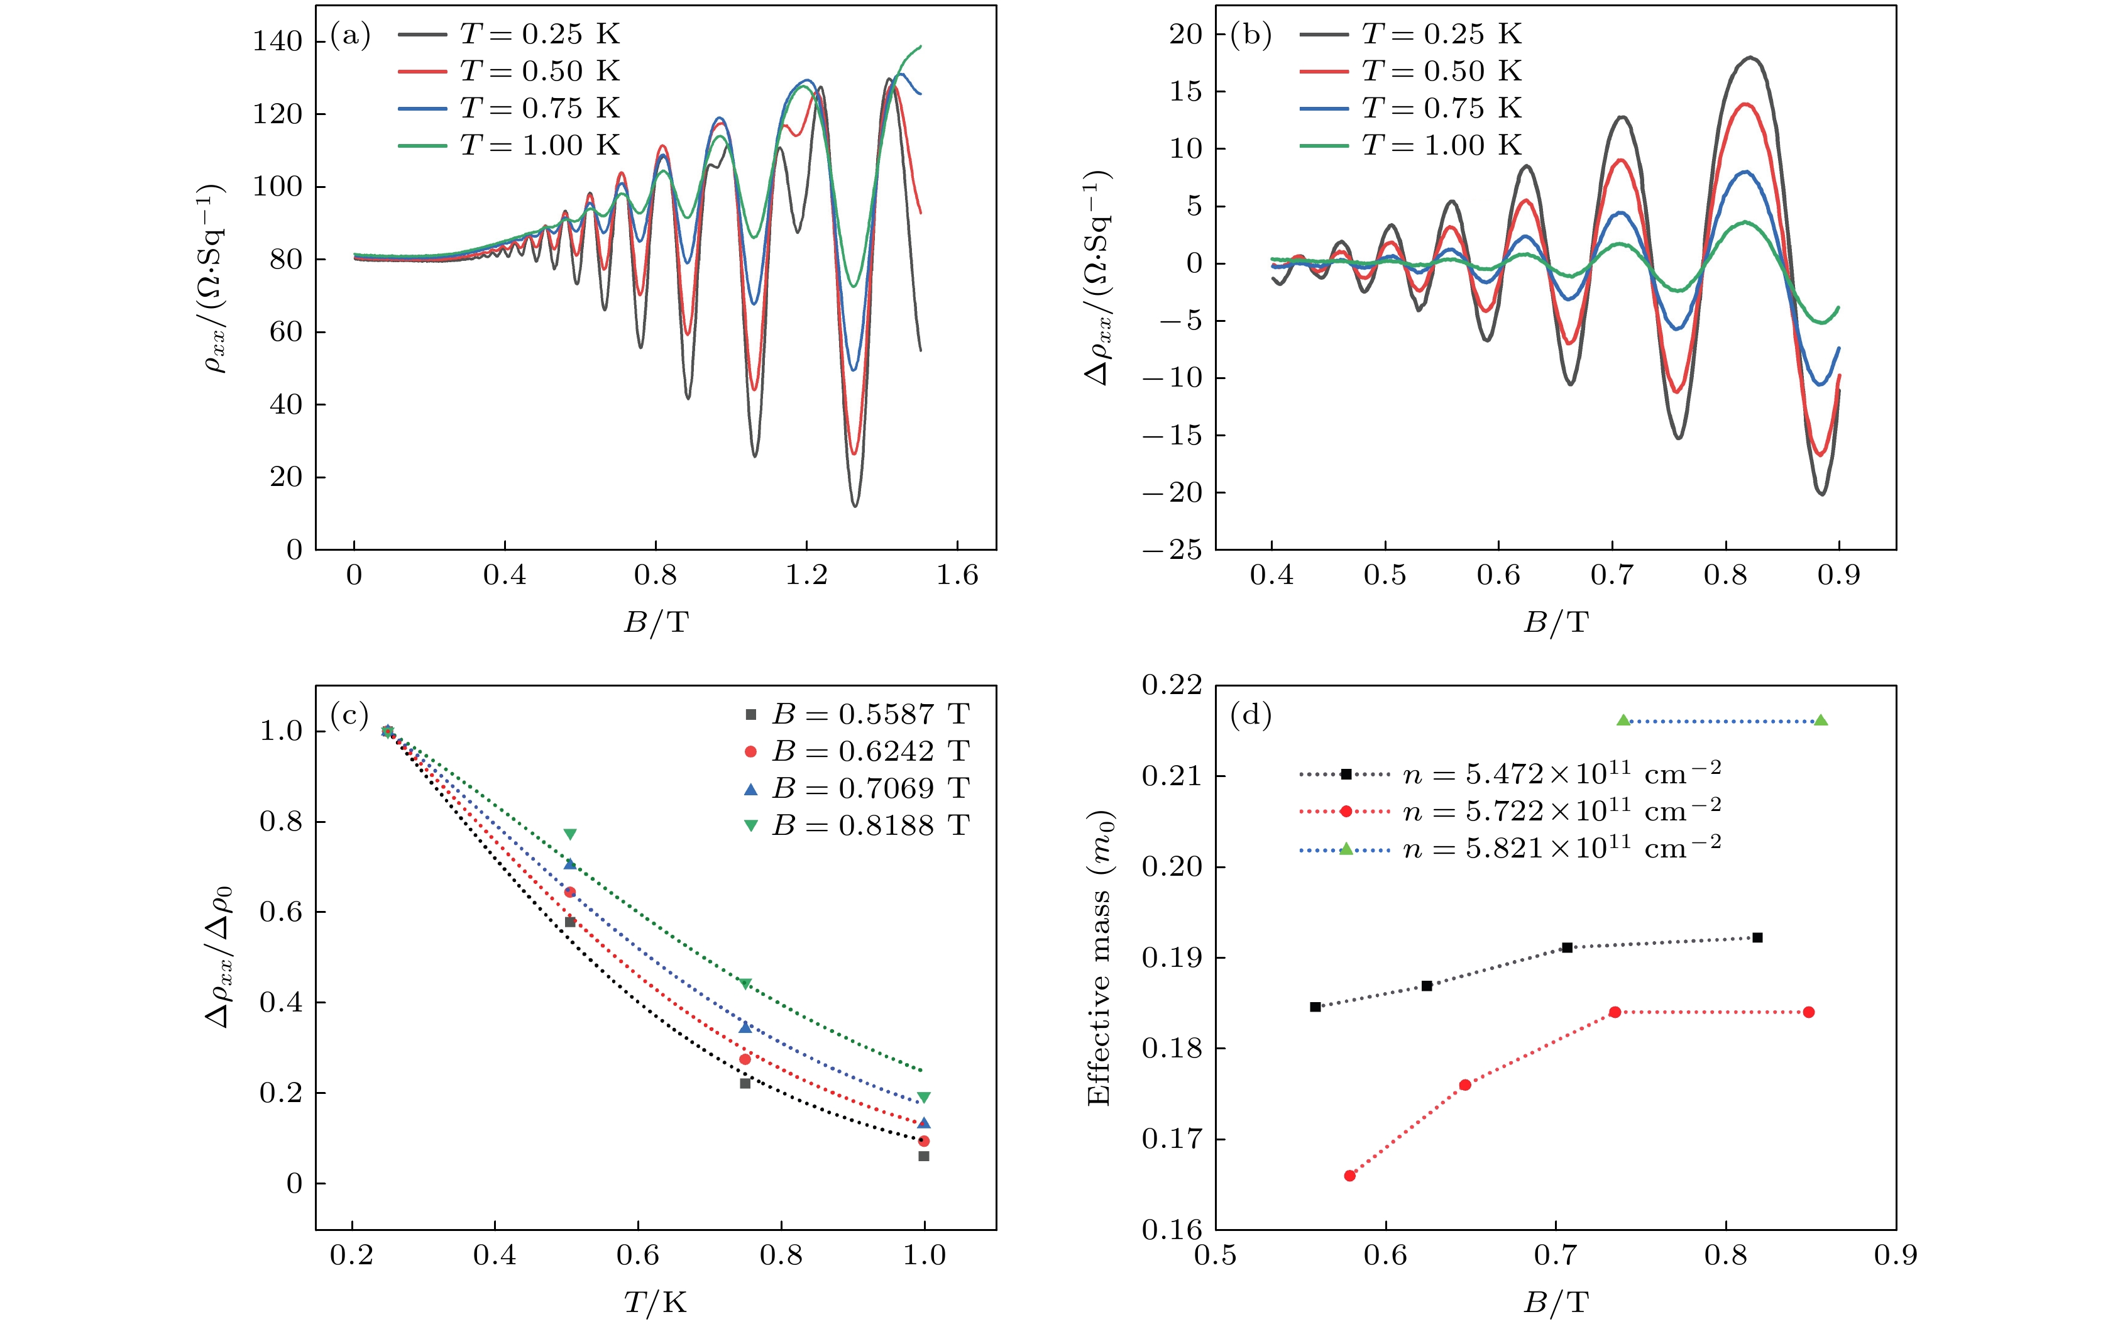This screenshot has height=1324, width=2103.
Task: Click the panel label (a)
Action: coord(350,36)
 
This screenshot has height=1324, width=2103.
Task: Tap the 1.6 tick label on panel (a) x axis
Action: coord(957,575)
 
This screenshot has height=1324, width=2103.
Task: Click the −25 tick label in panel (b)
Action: coord(1171,550)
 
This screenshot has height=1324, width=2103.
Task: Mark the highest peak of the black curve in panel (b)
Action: coord(1751,58)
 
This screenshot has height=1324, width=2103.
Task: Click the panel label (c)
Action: coord(349,715)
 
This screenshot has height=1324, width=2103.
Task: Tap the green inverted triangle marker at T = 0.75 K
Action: coord(745,985)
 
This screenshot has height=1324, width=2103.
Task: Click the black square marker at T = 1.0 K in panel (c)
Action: coord(924,1156)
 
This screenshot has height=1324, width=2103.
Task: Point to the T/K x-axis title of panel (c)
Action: coord(655,1303)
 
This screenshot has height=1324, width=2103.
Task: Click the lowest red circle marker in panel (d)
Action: coord(1349,1176)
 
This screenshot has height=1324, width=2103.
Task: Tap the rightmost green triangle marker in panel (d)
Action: coord(1821,720)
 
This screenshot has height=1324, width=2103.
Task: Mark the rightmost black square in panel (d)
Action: coord(1757,937)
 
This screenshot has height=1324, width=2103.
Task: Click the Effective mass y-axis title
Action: coord(1099,959)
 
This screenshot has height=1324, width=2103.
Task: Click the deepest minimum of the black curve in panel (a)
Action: coord(854,505)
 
